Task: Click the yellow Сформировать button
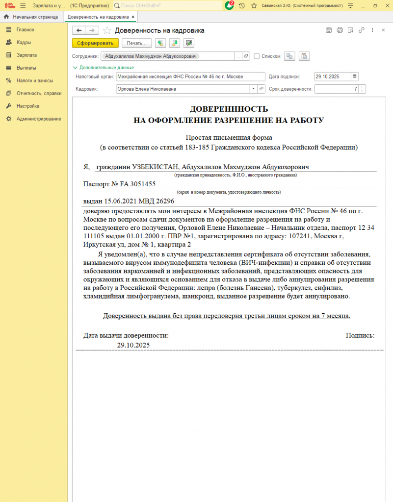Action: click(95, 43)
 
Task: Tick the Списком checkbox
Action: click(257, 56)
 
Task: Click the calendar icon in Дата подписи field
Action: click(355, 76)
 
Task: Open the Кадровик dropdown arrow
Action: click(253, 89)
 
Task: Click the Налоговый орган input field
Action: click(183, 76)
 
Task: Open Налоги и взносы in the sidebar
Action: click(34, 80)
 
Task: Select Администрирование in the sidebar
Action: click(38, 119)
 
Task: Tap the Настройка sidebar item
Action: click(27, 106)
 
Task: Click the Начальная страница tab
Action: click(35, 17)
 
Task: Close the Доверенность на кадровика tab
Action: click(133, 17)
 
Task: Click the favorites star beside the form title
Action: click(107, 30)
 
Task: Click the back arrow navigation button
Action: click(79, 30)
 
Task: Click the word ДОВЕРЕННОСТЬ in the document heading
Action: click(229, 109)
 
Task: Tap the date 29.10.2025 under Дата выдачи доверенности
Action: click(133, 345)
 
